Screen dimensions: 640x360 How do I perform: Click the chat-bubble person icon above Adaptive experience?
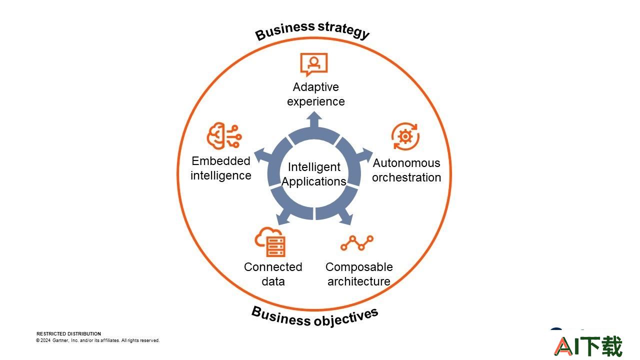[313, 64]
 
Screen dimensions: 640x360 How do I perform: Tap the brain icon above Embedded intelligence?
[224, 136]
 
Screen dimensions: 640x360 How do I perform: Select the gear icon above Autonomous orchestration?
[405, 136]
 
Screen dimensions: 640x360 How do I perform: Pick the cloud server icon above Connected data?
[270, 242]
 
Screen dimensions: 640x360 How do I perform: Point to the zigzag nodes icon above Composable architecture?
[357, 243]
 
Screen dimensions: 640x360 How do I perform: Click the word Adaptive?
[315, 87]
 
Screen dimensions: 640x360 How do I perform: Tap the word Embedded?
[221, 161]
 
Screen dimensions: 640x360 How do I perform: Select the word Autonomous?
[406, 163]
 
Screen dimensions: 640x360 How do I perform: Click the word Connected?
[273, 267]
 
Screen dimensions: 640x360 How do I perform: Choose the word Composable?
[359, 267]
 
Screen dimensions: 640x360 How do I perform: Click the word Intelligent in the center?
[314, 167]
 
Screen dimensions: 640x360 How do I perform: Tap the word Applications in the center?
[314, 181]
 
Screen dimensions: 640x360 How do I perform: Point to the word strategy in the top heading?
[344, 29]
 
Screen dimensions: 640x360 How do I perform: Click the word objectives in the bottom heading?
[346, 317]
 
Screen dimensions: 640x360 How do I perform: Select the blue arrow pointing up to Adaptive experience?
[314, 119]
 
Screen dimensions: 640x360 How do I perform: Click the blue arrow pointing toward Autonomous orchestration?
[365, 155]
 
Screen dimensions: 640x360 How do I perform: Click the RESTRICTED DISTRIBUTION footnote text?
[68, 333]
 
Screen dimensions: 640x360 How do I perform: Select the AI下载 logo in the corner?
[588, 346]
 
